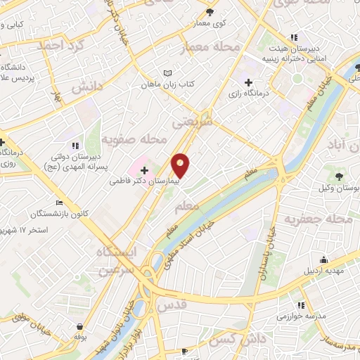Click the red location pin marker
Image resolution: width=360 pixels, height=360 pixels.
pyautogui.click(x=181, y=165)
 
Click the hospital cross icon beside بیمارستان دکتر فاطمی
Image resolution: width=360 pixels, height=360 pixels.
pyautogui.click(x=145, y=169)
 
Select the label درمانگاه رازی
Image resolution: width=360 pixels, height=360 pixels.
pyautogui.click(x=247, y=92)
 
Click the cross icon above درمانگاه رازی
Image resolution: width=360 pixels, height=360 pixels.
pyautogui.click(x=247, y=82)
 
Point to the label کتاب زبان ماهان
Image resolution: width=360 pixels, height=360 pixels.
pyautogui.click(x=167, y=84)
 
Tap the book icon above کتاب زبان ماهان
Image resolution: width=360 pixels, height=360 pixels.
pyautogui.click(x=167, y=73)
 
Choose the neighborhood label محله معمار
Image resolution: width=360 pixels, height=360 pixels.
pyautogui.click(x=210, y=47)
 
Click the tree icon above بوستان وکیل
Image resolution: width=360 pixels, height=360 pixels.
pyautogui.click(x=340, y=176)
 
